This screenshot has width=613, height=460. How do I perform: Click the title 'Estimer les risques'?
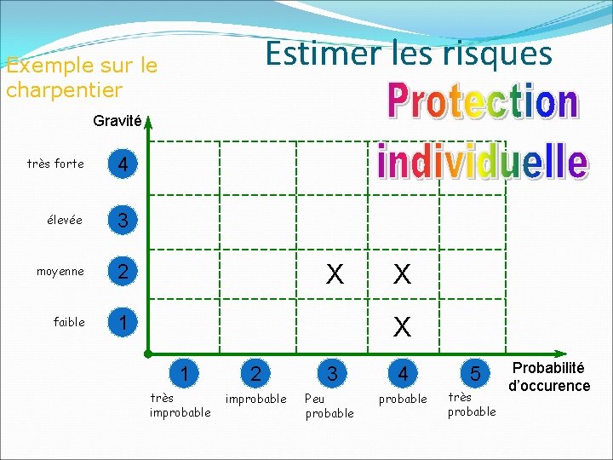(x=409, y=54)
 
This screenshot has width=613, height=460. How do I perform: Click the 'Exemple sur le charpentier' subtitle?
(x=81, y=77)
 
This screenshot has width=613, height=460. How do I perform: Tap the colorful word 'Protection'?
(x=483, y=103)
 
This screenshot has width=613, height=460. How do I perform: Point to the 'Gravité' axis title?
(x=117, y=121)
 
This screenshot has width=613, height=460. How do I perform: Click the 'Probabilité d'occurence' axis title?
(x=549, y=377)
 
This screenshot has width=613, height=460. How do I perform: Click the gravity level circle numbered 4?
(x=124, y=164)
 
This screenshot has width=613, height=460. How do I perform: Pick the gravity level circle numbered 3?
(x=124, y=221)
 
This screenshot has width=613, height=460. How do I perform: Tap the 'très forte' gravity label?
(x=55, y=164)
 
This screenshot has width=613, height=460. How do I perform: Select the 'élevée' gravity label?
(x=65, y=220)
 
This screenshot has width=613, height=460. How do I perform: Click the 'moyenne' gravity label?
(x=60, y=272)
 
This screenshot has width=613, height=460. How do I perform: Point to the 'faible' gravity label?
(x=69, y=322)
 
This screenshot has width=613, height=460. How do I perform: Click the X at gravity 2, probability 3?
(x=335, y=273)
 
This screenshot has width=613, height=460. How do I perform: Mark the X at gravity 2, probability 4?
(x=403, y=273)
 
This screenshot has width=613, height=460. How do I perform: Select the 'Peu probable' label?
(x=329, y=405)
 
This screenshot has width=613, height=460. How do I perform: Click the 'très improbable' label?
(x=180, y=405)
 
